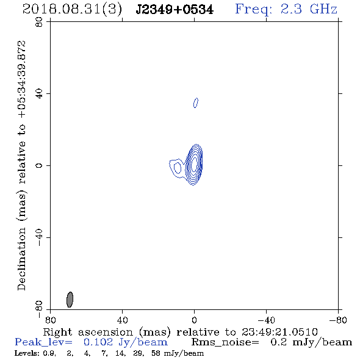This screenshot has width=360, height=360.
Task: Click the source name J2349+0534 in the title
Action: pos(175,10)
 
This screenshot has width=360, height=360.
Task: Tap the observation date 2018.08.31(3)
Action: pos(72,10)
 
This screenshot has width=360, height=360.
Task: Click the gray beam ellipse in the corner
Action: pos(70,300)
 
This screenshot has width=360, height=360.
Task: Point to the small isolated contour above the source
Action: pos(196,103)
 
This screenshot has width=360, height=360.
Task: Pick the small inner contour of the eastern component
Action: pos(178,168)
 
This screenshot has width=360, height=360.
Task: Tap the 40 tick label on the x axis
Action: pos(122,320)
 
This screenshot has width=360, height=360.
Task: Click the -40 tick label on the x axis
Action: pos(266,320)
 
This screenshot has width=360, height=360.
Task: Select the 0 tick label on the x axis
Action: pos(194,320)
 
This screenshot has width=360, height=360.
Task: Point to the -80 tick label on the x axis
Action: pos(337,320)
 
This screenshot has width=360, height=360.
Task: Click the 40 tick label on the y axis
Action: pos(39,94)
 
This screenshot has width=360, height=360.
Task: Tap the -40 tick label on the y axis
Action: pos(39,237)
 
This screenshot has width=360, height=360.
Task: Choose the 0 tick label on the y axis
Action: pos(39,165)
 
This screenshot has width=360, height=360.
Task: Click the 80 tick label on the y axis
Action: pos(39,22)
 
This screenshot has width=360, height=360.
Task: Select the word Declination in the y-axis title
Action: pos(22,259)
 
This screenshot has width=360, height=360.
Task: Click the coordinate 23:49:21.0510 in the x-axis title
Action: pos(279,332)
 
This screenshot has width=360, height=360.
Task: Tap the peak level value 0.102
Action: pos(98,342)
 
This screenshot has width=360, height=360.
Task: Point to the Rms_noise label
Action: pos(225,342)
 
